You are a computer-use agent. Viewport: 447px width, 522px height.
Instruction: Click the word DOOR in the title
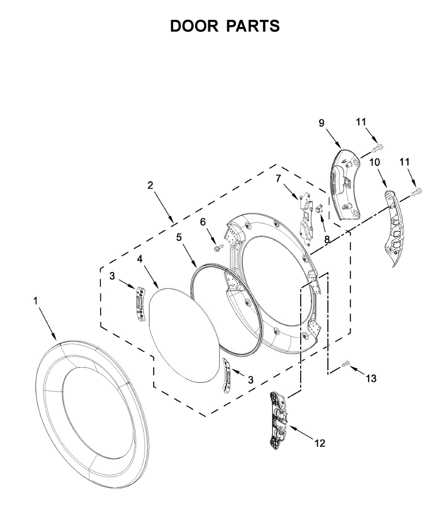pyautogui.click(x=194, y=26)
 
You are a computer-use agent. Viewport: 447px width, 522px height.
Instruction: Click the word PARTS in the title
pyautogui.click(x=252, y=26)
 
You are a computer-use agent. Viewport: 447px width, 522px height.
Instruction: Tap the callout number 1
pyautogui.click(x=36, y=301)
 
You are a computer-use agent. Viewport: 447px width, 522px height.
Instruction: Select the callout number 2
pyautogui.click(x=150, y=185)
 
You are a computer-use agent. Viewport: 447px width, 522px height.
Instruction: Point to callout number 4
pyautogui.click(x=140, y=259)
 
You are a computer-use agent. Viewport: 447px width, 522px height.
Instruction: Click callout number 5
pyautogui.click(x=179, y=237)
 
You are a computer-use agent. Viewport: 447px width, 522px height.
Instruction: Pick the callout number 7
pyautogui.click(x=278, y=178)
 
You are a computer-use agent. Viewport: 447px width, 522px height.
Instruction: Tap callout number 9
pyautogui.click(x=321, y=123)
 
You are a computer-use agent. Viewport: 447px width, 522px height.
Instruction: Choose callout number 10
pyautogui.click(x=374, y=162)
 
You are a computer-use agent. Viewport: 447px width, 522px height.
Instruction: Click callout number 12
pyautogui.click(x=319, y=443)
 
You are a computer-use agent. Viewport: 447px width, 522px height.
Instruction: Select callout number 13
pyautogui.click(x=371, y=378)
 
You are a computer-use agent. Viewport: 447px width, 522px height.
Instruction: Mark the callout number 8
pyautogui.click(x=327, y=239)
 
